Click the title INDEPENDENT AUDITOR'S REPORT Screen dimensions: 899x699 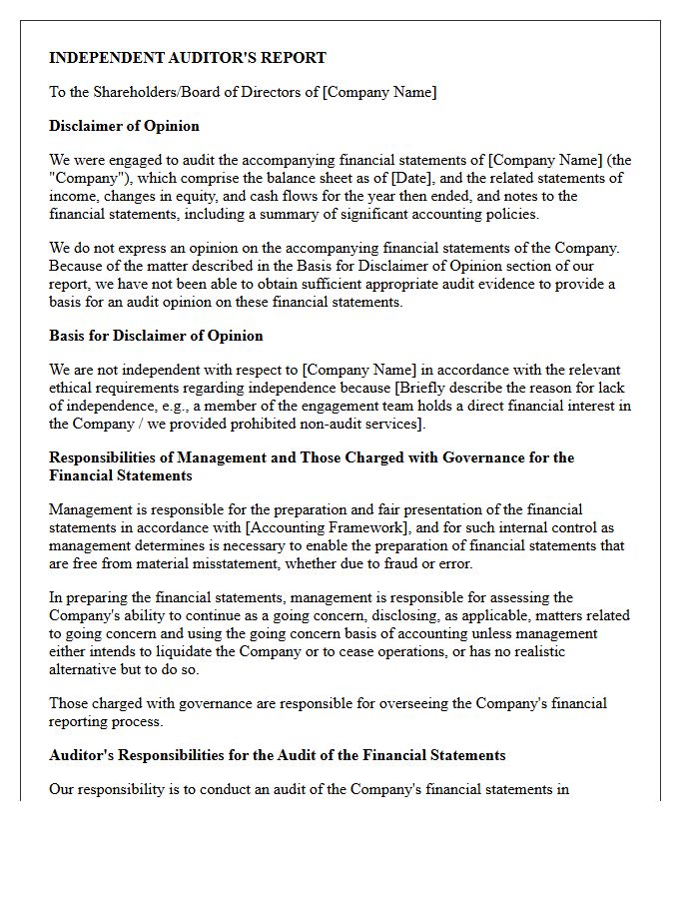click(x=188, y=58)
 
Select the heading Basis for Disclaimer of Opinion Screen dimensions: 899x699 click(x=156, y=336)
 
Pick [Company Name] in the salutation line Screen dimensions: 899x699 click(x=379, y=92)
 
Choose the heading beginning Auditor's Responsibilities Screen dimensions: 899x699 click(x=277, y=755)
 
